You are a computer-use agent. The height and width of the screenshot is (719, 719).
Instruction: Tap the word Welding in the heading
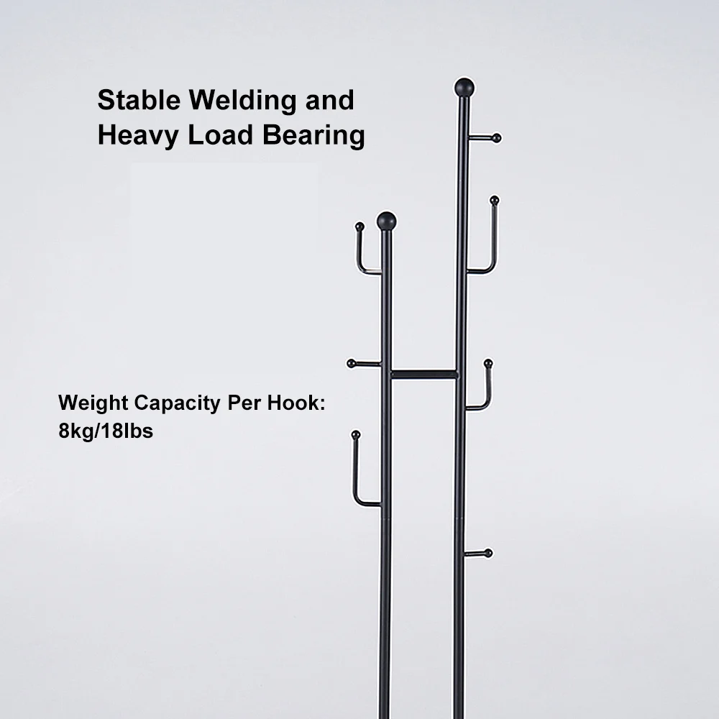point(242,101)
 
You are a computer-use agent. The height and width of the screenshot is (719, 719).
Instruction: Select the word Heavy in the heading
point(138,136)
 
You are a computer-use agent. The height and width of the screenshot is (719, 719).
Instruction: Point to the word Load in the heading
point(221,135)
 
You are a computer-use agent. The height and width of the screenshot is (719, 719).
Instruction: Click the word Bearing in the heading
point(313,136)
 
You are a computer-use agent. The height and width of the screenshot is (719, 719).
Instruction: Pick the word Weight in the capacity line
point(93,403)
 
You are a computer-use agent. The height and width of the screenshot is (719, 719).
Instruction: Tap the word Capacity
point(178,403)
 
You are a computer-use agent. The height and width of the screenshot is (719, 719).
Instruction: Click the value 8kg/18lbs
point(106,431)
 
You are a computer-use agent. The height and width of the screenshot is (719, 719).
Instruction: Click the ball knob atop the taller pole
point(464,87)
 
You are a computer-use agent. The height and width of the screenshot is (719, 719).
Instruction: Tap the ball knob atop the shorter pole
point(387,221)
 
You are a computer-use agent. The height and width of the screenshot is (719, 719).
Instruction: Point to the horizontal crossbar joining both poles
point(423,374)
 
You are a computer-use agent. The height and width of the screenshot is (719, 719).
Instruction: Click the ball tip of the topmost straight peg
point(496,138)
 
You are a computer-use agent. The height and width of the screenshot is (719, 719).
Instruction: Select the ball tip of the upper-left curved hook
point(360,226)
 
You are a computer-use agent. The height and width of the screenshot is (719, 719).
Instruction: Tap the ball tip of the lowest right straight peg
point(488,553)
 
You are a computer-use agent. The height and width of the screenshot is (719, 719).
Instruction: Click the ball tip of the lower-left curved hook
point(356,435)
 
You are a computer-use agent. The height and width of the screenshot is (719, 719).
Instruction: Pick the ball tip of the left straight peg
point(352,364)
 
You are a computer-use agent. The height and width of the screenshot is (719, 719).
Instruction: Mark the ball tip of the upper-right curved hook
point(495,201)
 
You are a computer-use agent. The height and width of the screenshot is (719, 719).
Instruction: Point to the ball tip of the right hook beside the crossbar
point(488,364)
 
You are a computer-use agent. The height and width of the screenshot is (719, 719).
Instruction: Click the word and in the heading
point(330,100)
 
